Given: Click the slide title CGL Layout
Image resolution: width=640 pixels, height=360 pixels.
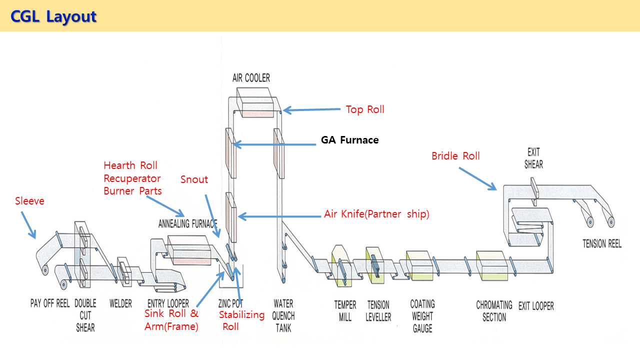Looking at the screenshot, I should click(53, 16).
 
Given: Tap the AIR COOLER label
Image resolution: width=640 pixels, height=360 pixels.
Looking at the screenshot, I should click(251, 78).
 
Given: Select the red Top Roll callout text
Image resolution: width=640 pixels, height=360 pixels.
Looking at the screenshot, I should click(365, 109).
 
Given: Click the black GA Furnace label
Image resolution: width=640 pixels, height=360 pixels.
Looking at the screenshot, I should click(349, 140).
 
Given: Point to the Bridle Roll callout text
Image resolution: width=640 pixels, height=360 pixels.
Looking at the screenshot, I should click(455, 156).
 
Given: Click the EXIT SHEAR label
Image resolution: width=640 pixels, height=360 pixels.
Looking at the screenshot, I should click(533, 158).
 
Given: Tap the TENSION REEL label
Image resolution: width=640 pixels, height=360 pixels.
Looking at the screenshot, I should click(602, 243).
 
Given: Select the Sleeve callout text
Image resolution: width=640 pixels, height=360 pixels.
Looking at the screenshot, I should click(29, 201).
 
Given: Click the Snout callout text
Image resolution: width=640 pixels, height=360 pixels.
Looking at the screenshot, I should click(194, 179).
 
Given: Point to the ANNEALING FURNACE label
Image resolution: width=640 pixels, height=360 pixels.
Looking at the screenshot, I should click(187, 223).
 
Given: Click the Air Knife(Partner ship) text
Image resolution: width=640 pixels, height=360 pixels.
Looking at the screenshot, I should click(376, 214).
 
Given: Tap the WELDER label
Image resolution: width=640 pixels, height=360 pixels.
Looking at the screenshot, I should click(120, 303).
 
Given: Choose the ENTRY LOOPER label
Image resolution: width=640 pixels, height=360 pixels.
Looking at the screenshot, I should click(168, 303).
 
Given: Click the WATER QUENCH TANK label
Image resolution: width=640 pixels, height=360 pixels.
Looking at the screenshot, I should click(283, 315).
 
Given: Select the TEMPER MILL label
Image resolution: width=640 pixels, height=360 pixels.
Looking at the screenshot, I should click(345, 310).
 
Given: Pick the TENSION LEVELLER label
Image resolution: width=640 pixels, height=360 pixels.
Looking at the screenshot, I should click(378, 310).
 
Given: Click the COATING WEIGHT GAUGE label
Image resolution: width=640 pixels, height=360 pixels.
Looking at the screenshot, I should click(422, 315).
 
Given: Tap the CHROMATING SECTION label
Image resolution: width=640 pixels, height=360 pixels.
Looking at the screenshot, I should click(494, 310).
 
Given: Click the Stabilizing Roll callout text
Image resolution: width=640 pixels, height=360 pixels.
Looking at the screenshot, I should click(241, 320).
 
